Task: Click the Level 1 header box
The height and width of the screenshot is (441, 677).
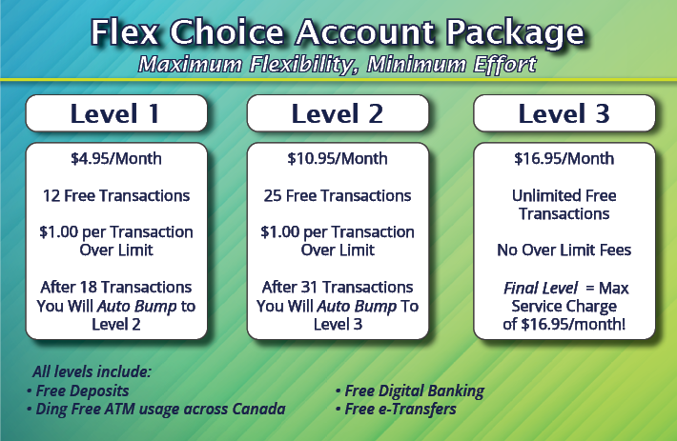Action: pyautogui.click(x=116, y=113)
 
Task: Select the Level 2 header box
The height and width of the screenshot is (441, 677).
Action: pyautogui.click(x=338, y=113)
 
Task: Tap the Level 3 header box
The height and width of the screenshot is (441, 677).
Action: pyautogui.click(x=564, y=113)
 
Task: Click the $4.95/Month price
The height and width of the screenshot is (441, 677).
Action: pyautogui.click(x=116, y=159)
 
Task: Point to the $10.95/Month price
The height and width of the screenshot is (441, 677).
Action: pyautogui.click(x=338, y=159)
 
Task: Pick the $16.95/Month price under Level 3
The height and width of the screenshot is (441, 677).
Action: pyautogui.click(x=564, y=159)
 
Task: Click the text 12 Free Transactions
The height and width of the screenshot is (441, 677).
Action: pyautogui.click(x=116, y=195)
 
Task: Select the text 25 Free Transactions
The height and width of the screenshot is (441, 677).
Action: pyautogui.click(x=338, y=195)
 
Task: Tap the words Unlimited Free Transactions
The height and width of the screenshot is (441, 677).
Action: pyautogui.click(x=564, y=205)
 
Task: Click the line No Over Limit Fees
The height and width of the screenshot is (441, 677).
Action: pyautogui.click(x=564, y=251)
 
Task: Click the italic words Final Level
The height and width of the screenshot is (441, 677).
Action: pyautogui.click(x=540, y=288)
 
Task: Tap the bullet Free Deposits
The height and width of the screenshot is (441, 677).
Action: pyautogui.click(x=78, y=391)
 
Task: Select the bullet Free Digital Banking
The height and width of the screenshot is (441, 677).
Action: pyautogui.click(x=410, y=391)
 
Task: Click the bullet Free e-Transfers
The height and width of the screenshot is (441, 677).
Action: pyautogui.click(x=396, y=410)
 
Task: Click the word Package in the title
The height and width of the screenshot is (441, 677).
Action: pyautogui.click(x=515, y=33)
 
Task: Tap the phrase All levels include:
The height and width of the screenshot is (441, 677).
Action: pyautogui.click(x=92, y=371)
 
